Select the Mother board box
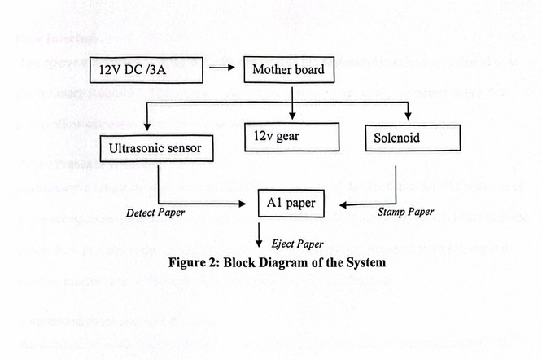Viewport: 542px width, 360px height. [288, 69]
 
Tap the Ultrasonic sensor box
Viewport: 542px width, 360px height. [154, 147]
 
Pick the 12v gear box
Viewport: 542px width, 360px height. [291, 136]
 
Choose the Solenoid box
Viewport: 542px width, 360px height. [396, 138]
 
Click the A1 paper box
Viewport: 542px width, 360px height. [289, 201]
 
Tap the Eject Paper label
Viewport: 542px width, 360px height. [298, 244]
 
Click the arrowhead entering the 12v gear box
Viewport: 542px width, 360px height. [291, 116]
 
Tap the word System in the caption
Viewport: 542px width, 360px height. [362, 262]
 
